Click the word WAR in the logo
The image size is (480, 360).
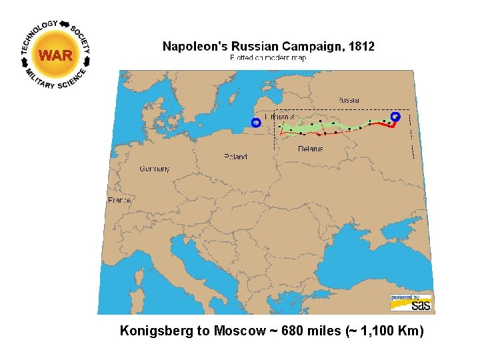pos(55,55)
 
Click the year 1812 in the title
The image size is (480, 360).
pos(359,47)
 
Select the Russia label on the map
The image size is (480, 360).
pos(348,99)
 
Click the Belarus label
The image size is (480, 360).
pos(310,148)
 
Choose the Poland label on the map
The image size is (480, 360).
pos(235,157)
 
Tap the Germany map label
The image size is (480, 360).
pos(154,169)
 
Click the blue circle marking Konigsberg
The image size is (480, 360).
pos(255,122)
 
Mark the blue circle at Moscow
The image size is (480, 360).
pos(395,116)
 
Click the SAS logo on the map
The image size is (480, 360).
pos(411,302)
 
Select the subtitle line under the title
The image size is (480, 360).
pos(268,58)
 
